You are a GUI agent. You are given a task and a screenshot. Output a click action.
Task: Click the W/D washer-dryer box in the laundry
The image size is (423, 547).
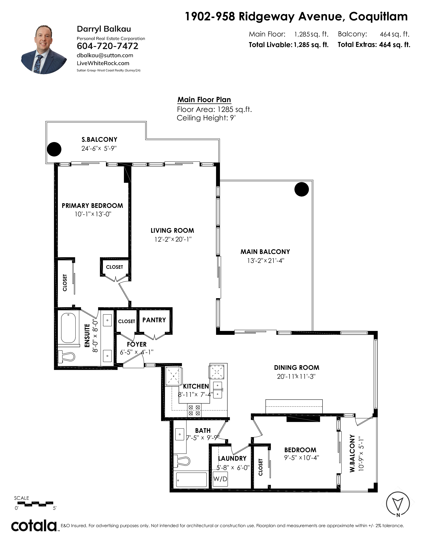pos(220,479)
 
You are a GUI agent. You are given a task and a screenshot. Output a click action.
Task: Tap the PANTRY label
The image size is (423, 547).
pos(154,320)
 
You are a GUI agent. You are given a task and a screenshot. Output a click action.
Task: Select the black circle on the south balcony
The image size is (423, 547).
pos(54,149)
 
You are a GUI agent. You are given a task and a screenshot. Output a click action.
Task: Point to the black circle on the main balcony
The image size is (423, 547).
pos(301,189)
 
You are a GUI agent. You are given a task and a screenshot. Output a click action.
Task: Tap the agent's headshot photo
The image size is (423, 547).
pos(44,49)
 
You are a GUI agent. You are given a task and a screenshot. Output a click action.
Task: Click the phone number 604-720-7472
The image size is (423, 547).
pos(107,46)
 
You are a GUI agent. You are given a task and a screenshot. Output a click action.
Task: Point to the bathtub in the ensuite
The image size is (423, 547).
pos(68,328)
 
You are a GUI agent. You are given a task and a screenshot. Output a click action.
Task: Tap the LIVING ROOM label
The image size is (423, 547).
pos(172,230)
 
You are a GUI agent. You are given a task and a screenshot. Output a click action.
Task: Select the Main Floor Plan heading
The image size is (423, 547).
pos(204,100)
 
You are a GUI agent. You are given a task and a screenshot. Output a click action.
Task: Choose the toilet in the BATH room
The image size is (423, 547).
pos(182,461)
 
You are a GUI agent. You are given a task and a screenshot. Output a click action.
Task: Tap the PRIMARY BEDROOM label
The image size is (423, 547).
pos(92,206)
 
